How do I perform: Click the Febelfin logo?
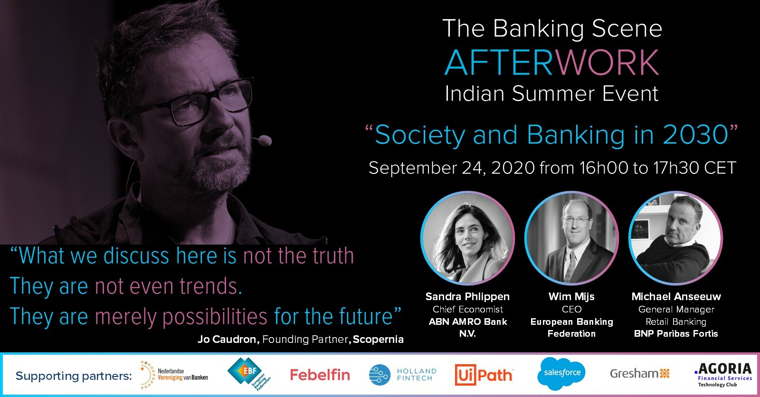(320, 375)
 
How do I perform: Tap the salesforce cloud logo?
(561, 373)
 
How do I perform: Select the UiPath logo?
(484, 375)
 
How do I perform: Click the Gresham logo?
(639, 374)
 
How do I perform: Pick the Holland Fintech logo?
(402, 375)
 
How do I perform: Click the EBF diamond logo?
(249, 374)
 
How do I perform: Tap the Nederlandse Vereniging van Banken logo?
(174, 375)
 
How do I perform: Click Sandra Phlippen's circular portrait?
(467, 238)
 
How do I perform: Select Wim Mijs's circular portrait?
(572, 238)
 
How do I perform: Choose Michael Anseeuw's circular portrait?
(676, 238)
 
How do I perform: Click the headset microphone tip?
(265, 140)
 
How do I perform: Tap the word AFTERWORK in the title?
(552, 62)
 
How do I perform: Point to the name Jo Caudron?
(228, 340)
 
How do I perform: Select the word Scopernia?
(378, 340)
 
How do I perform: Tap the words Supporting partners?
(74, 376)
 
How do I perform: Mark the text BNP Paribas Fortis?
(676, 333)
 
